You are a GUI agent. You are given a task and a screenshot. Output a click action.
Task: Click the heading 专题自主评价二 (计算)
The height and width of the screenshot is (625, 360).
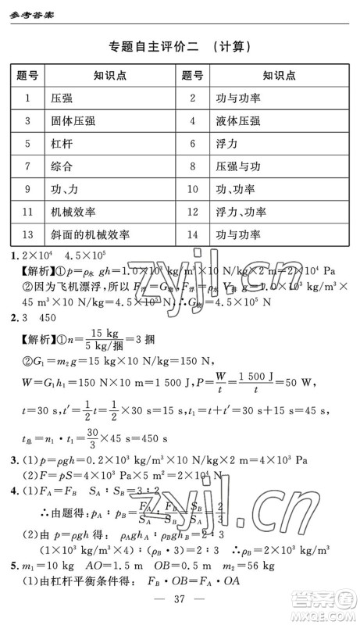pyautogui.click(x=180, y=46)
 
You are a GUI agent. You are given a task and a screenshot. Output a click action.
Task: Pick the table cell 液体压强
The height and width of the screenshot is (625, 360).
pyautogui.click(x=238, y=121)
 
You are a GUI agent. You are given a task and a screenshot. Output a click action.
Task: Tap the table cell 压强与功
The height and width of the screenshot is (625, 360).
pyautogui.click(x=238, y=166)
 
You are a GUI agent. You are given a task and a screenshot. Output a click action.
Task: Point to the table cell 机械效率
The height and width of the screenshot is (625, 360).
pyautogui.click(x=73, y=212)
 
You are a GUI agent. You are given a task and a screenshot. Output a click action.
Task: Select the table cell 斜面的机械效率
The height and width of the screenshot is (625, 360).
pyautogui.click(x=90, y=234)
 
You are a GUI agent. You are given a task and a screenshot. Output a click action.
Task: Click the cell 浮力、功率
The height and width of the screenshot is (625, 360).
pyautogui.click(x=241, y=212)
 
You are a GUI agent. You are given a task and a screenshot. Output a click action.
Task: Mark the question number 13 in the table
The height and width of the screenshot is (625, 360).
pyautogui.click(x=27, y=234)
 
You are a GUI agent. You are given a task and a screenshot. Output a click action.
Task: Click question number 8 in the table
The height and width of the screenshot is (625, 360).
pyautogui.click(x=191, y=166)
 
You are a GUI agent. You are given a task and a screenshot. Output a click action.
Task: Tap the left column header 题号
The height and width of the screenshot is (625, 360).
pyautogui.click(x=27, y=76)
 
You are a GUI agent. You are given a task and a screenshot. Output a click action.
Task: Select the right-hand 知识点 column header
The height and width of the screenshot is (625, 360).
pyautogui.click(x=278, y=76)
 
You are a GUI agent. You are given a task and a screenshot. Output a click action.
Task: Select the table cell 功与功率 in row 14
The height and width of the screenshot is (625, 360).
pyautogui.click(x=238, y=234)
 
